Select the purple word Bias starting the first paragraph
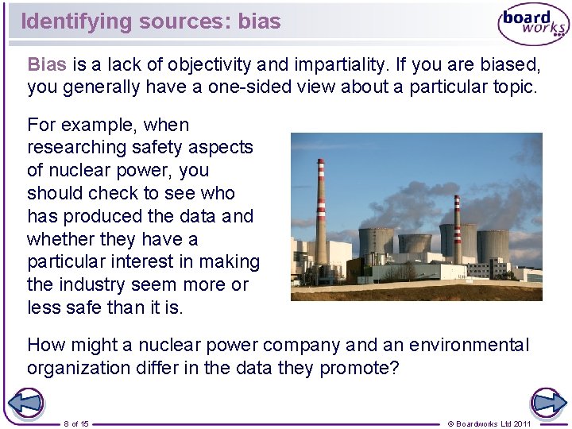(x=47, y=64)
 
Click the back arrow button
(x=26, y=403)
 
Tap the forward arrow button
(x=547, y=403)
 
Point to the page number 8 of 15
(x=76, y=423)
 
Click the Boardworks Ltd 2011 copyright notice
(x=490, y=423)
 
